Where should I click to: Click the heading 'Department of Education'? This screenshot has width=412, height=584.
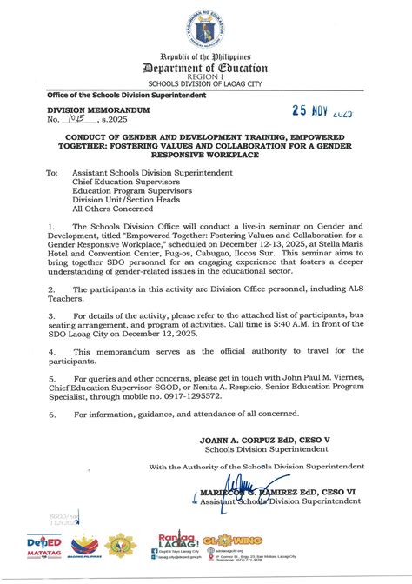pyautogui.click(x=206, y=69)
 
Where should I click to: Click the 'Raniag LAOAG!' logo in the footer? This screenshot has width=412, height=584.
pyautogui.click(x=178, y=541)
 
